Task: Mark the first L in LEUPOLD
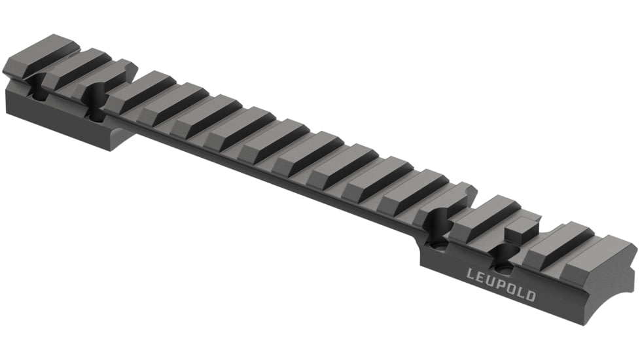(471, 272)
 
